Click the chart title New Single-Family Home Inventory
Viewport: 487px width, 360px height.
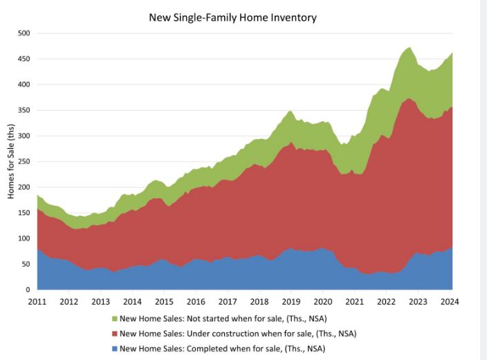233,17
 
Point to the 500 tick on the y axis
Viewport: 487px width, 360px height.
24,33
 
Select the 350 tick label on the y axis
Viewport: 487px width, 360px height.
24,110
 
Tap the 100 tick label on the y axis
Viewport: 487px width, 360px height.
24,238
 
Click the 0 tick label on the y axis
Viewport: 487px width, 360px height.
28,289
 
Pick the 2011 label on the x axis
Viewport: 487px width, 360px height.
37,302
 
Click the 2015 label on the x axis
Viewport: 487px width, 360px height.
164,302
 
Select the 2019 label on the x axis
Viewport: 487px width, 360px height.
291,302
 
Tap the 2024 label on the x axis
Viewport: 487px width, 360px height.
450,302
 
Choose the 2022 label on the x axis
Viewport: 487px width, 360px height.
386,302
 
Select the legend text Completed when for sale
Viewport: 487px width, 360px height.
222,348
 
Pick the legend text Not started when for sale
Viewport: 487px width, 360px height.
222,319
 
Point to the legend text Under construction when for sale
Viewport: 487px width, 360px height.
238,334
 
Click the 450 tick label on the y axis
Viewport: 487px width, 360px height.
24,59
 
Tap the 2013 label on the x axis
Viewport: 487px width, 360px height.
100,302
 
